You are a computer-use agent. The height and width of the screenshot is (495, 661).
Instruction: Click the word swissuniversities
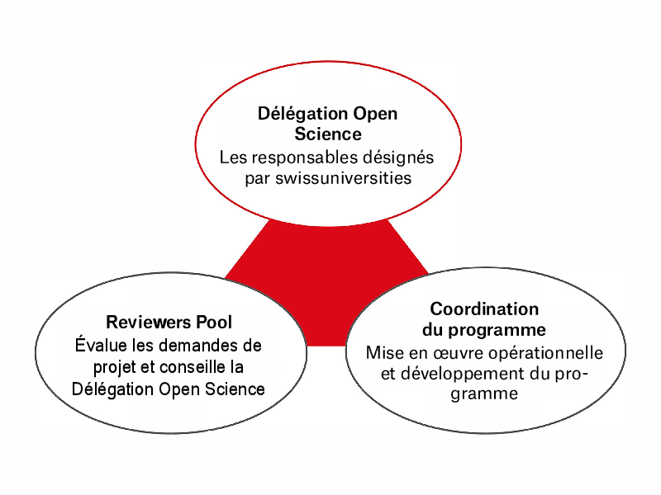[343, 178]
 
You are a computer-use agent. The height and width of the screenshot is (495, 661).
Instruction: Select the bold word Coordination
[484, 309]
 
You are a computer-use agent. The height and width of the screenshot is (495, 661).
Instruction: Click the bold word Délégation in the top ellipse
[302, 114]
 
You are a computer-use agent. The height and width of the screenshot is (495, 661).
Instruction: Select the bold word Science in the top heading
[328, 134]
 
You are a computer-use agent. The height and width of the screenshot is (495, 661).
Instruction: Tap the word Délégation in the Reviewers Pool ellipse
[112, 389]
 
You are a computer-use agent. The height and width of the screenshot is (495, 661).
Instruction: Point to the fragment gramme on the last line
[484, 395]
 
